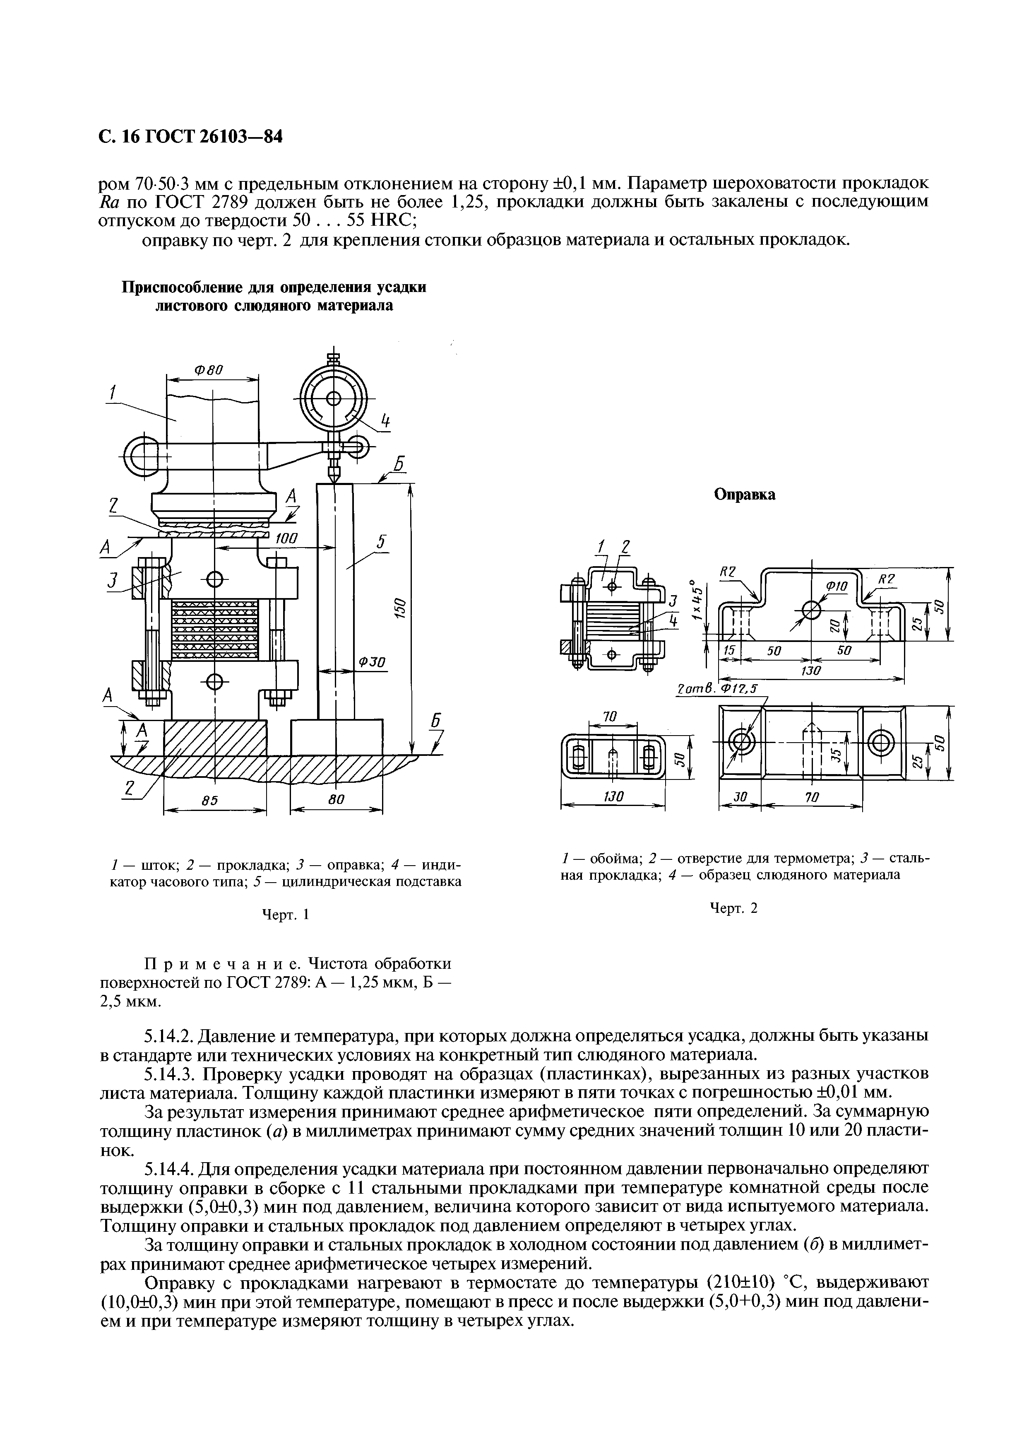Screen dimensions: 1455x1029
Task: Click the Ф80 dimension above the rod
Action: pos(208,369)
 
